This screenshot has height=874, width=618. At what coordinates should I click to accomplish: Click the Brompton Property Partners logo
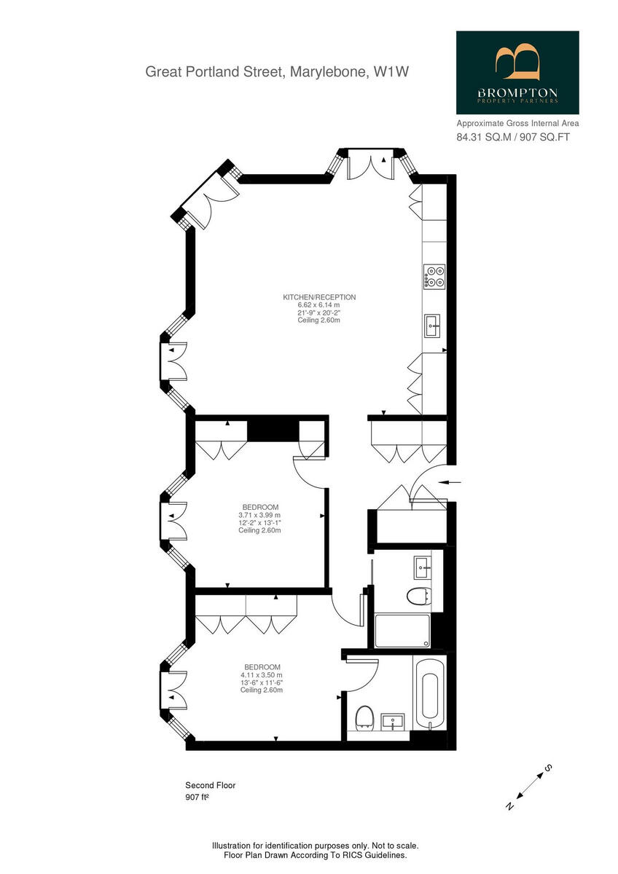click(517, 72)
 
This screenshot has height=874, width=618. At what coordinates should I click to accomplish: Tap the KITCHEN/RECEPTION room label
click(319, 297)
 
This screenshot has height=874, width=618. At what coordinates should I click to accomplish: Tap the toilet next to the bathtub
click(364, 717)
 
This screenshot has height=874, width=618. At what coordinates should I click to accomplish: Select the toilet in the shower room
click(416, 596)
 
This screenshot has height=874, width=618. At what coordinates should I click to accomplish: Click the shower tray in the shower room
click(402, 631)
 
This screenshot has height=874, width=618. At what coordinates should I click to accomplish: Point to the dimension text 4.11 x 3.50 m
click(262, 675)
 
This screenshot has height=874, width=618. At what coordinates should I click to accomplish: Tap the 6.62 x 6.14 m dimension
click(319, 305)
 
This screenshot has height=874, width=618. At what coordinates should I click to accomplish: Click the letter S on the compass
click(549, 768)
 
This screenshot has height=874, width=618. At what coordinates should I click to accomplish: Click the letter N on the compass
click(509, 806)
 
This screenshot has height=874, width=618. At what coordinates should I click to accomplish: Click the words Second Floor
click(210, 785)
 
